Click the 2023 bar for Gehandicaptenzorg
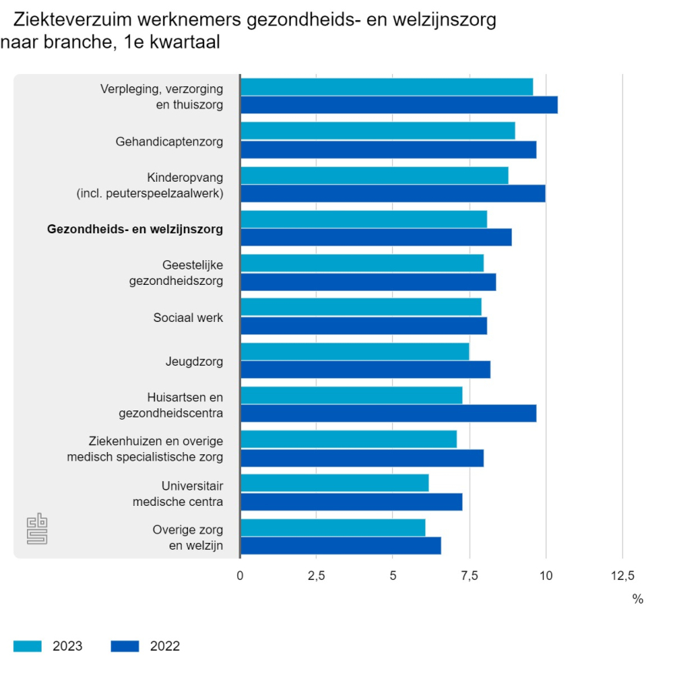tap(377, 131)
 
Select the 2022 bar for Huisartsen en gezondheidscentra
tap(388, 414)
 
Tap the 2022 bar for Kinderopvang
tap(393, 193)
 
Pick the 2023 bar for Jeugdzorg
tap(354, 351)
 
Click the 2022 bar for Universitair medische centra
tap(351, 502)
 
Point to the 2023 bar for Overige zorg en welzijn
tap(333, 527)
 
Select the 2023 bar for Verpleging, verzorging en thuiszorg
tap(387, 87)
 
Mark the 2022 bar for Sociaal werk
tap(363, 326)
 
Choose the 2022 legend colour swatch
tap(126, 646)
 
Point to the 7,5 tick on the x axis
tap(469, 574)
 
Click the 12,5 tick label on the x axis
tap(622, 574)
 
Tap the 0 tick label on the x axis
tap(240, 574)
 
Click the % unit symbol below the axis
tap(638, 599)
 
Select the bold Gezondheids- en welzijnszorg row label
tap(135, 229)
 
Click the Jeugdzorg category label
tap(194, 361)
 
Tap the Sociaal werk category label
tap(188, 317)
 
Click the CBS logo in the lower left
tap(37, 529)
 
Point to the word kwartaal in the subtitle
tap(183, 43)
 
